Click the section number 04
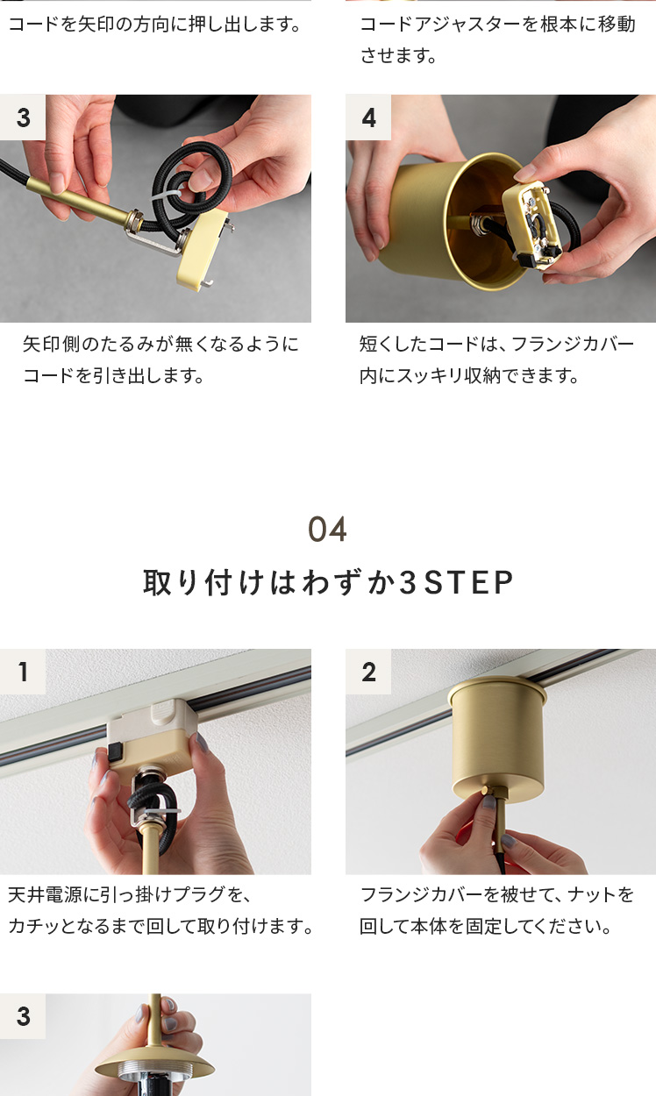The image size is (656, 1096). coord(327,530)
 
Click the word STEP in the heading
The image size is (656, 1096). coord(468,582)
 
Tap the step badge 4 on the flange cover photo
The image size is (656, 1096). coord(368,117)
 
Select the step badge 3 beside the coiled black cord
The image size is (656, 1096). coord(23,117)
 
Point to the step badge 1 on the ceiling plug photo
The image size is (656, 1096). coord(23,672)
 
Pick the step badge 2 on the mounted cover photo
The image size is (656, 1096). coord(368,672)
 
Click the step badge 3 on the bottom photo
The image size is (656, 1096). coord(23,1016)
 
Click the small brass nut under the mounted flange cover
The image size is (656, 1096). coord(485,791)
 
